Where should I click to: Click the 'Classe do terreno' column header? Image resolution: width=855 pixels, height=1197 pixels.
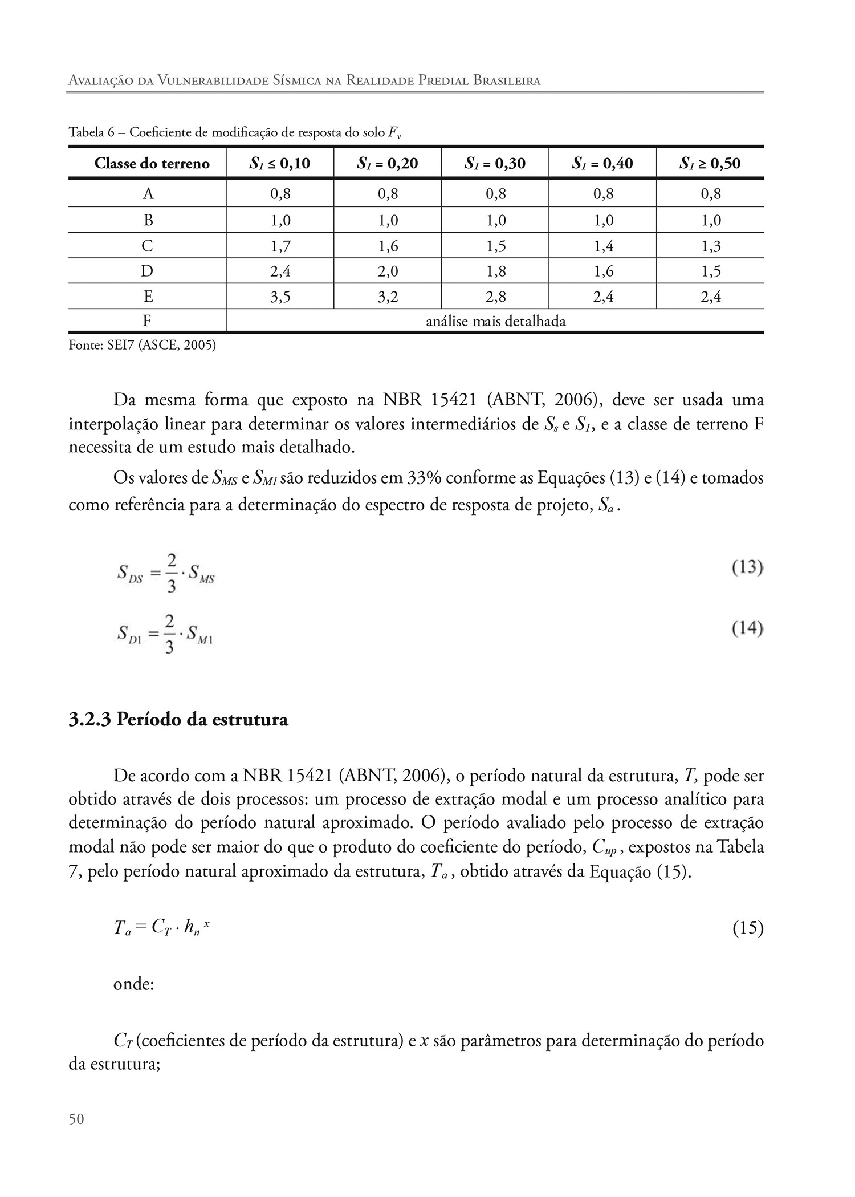tap(152, 164)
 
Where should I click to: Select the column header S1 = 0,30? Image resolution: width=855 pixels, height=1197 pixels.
tap(495, 164)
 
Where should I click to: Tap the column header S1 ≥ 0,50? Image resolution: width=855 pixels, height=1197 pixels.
tap(710, 164)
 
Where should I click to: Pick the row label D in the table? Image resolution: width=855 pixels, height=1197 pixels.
tap(147, 271)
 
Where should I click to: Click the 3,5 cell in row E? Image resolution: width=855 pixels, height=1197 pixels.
tap(280, 297)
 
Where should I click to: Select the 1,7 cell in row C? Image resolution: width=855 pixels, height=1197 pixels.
tap(280, 246)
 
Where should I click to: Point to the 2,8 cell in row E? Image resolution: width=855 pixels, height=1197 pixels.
tap(495, 297)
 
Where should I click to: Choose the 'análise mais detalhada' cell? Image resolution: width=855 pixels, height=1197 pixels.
tap(495, 322)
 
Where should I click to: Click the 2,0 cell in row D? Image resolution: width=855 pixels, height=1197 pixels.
tap(388, 271)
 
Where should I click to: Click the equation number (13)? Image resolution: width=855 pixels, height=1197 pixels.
tap(747, 567)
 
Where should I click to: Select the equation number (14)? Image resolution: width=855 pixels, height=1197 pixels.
tap(747, 628)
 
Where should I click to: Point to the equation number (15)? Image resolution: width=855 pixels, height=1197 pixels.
tap(748, 929)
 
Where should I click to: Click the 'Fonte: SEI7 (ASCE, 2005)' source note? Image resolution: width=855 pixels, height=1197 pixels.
tap(142, 345)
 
